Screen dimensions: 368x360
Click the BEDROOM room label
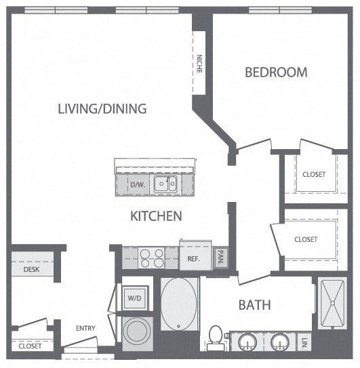point(276,72)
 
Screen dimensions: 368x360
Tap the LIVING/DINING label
point(102,108)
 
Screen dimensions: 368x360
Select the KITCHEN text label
point(156,216)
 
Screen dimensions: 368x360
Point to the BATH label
point(254,305)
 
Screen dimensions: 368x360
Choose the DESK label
point(31,269)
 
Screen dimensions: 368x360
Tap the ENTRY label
point(85,329)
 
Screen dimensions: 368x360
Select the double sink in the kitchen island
point(165,184)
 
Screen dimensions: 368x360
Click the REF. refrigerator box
point(192,258)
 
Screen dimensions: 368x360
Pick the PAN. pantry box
point(220,258)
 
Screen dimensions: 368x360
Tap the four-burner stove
point(151,258)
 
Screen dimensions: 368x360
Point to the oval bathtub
point(180,304)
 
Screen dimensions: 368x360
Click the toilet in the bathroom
point(216,337)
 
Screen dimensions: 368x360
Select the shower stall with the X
point(336,303)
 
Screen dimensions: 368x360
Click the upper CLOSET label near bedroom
point(314,174)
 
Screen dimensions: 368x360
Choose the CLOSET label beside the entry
point(30,346)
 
